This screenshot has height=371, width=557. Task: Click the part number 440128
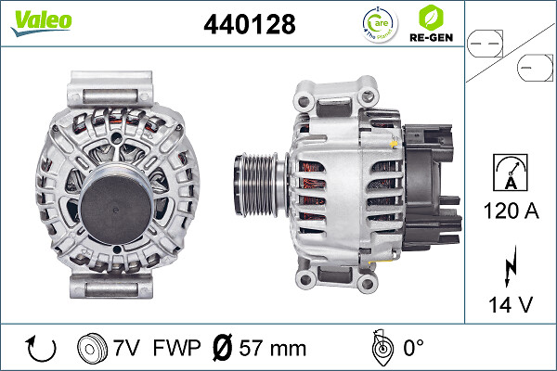pyautogui.click(x=249, y=25)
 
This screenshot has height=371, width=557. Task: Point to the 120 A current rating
pyautogui.click(x=511, y=211)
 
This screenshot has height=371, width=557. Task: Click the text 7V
pyautogui.click(x=127, y=349)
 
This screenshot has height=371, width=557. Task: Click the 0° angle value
pyautogui.click(x=411, y=349)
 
